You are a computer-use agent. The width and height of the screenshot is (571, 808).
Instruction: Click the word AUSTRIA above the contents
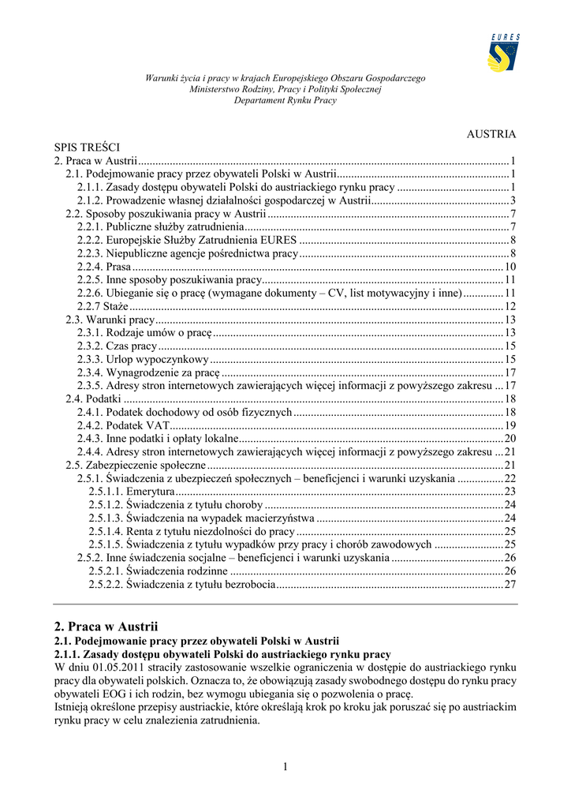pyautogui.click(x=491, y=134)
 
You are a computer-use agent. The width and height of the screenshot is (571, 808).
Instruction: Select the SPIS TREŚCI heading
pyautogui.click(x=87, y=147)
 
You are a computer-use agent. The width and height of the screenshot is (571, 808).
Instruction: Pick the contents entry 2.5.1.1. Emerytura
pyautogui.click(x=132, y=492)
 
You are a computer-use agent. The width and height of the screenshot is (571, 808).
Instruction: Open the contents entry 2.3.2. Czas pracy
pyautogui.click(x=118, y=346)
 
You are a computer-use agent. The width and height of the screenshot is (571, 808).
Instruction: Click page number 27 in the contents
pyautogui.click(x=509, y=585)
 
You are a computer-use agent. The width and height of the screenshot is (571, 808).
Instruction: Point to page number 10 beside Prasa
pyautogui.click(x=509, y=267)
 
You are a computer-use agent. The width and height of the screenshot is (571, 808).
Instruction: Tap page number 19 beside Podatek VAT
pyautogui.click(x=509, y=425)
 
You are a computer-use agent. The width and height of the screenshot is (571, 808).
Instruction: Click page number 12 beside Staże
pyautogui.click(x=509, y=306)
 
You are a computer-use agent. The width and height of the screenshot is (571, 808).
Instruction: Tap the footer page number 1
pyautogui.click(x=285, y=768)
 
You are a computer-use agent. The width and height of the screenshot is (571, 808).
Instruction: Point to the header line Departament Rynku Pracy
pyautogui.click(x=285, y=100)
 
